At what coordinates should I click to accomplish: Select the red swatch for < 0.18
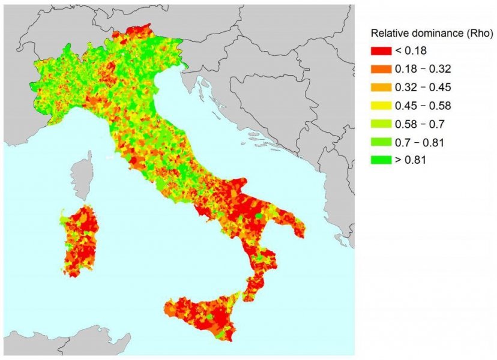point(381,50)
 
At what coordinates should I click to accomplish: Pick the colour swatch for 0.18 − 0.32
point(381,69)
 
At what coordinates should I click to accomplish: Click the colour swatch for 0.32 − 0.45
point(381,87)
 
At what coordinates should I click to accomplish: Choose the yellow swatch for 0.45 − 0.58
point(381,106)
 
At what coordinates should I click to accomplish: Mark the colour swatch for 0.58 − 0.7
point(381,124)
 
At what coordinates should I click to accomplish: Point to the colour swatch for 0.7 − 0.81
point(381,142)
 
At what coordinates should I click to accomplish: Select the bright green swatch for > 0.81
point(381,160)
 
